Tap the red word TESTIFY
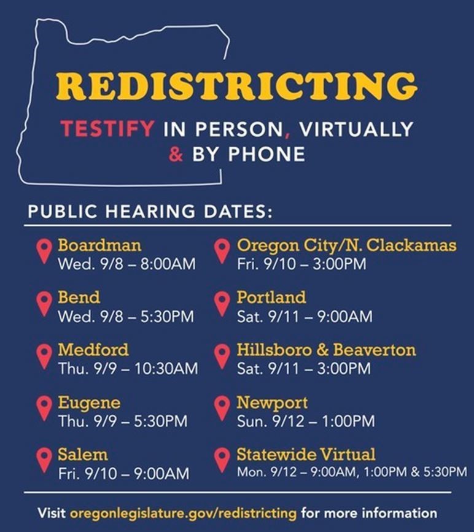pos(107,129)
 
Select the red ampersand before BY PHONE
pos(176,153)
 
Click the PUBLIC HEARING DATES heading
pos(149,213)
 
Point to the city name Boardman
pos(99,245)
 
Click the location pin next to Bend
pos(44,303)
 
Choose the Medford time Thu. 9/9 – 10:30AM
pos(128,369)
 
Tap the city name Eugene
pos(89,403)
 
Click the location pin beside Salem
pos(44,460)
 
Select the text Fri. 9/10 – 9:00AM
pos(123,474)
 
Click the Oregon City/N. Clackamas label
pos(346,245)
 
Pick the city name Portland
pos(271,298)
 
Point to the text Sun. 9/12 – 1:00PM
pos(305,422)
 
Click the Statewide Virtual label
pos(306,455)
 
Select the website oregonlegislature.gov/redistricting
pos(183,512)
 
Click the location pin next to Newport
pos(222,408)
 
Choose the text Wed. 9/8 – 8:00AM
pos(126,264)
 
